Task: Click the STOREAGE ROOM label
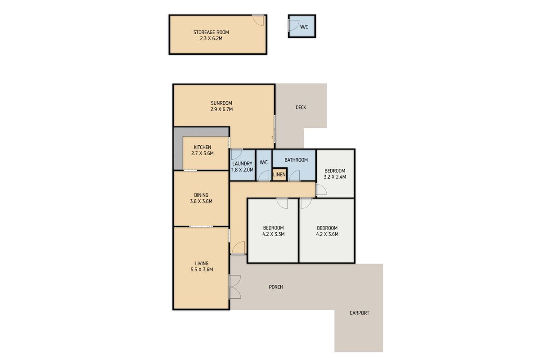[211, 32]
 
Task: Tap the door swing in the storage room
[258, 20]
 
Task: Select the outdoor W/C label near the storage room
[304, 27]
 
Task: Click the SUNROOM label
[221, 103]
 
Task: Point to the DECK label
[301, 108]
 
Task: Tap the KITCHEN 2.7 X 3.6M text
[202, 150]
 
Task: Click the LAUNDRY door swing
[237, 154]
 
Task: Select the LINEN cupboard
[279, 174]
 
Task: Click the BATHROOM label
[296, 160]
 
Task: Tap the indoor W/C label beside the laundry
[264, 162]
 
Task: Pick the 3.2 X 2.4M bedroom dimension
[335, 177]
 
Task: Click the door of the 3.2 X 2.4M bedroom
[321, 189]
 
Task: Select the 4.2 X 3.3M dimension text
[274, 234]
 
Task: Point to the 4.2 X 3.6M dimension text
[327, 234]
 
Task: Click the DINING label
[201, 195]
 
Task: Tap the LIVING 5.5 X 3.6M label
[202, 266]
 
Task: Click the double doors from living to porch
[234, 287]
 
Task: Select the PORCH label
[276, 287]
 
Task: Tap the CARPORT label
[359, 313]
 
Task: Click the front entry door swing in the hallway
[238, 248]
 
